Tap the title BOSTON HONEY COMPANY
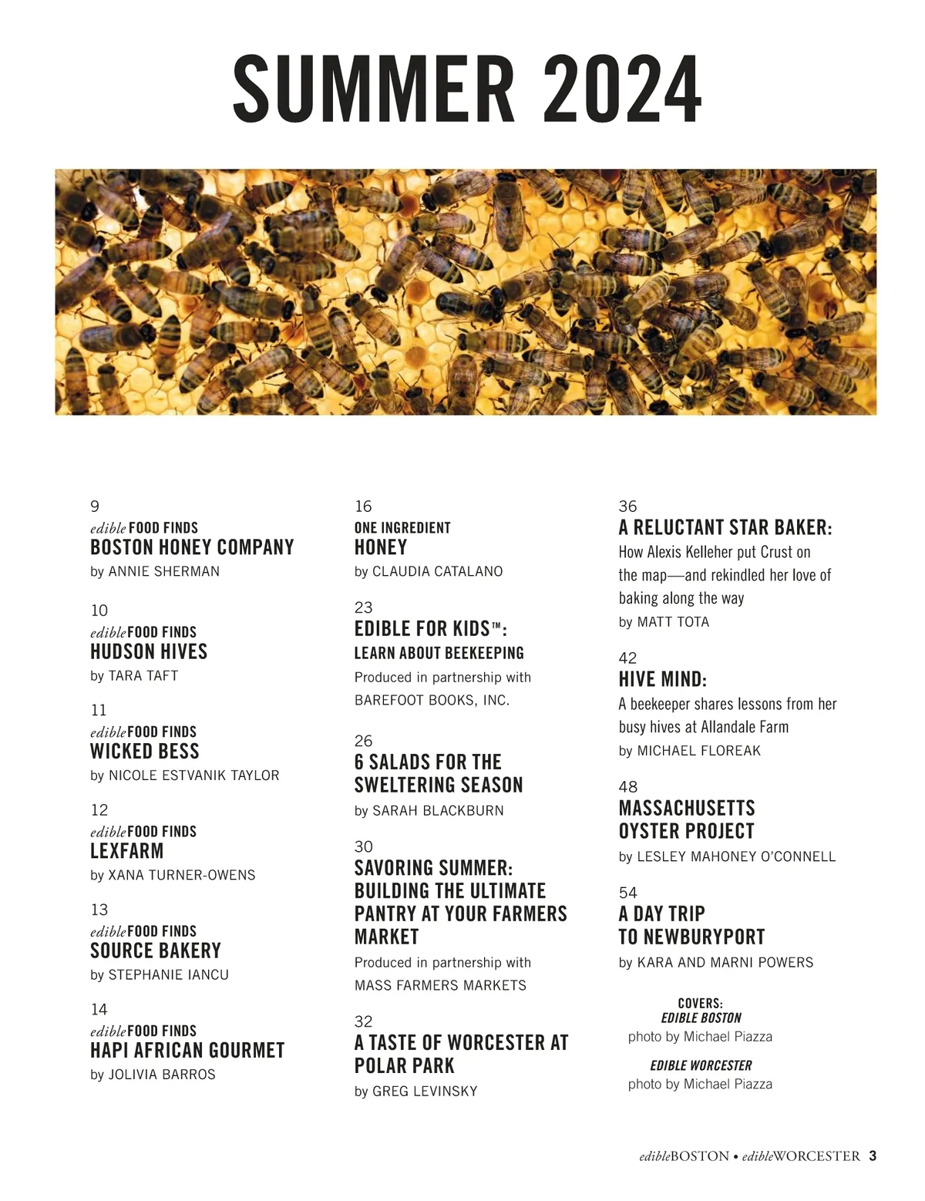click(x=192, y=547)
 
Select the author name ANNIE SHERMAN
click(x=163, y=571)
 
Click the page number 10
click(x=99, y=611)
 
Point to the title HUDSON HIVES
click(x=149, y=651)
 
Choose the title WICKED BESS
click(x=145, y=752)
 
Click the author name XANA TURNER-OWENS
click(x=182, y=875)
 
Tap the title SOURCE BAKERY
click(x=156, y=950)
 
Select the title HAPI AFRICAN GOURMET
click(x=187, y=1051)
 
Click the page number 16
click(x=363, y=506)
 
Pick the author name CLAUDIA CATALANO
click(x=437, y=571)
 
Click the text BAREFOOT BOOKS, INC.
click(x=432, y=701)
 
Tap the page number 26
click(x=363, y=741)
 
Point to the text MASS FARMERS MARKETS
click(x=440, y=985)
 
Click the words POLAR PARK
click(x=405, y=1066)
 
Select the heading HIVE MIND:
click(x=662, y=679)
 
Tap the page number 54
click(x=627, y=893)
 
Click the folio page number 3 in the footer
click(x=873, y=1156)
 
